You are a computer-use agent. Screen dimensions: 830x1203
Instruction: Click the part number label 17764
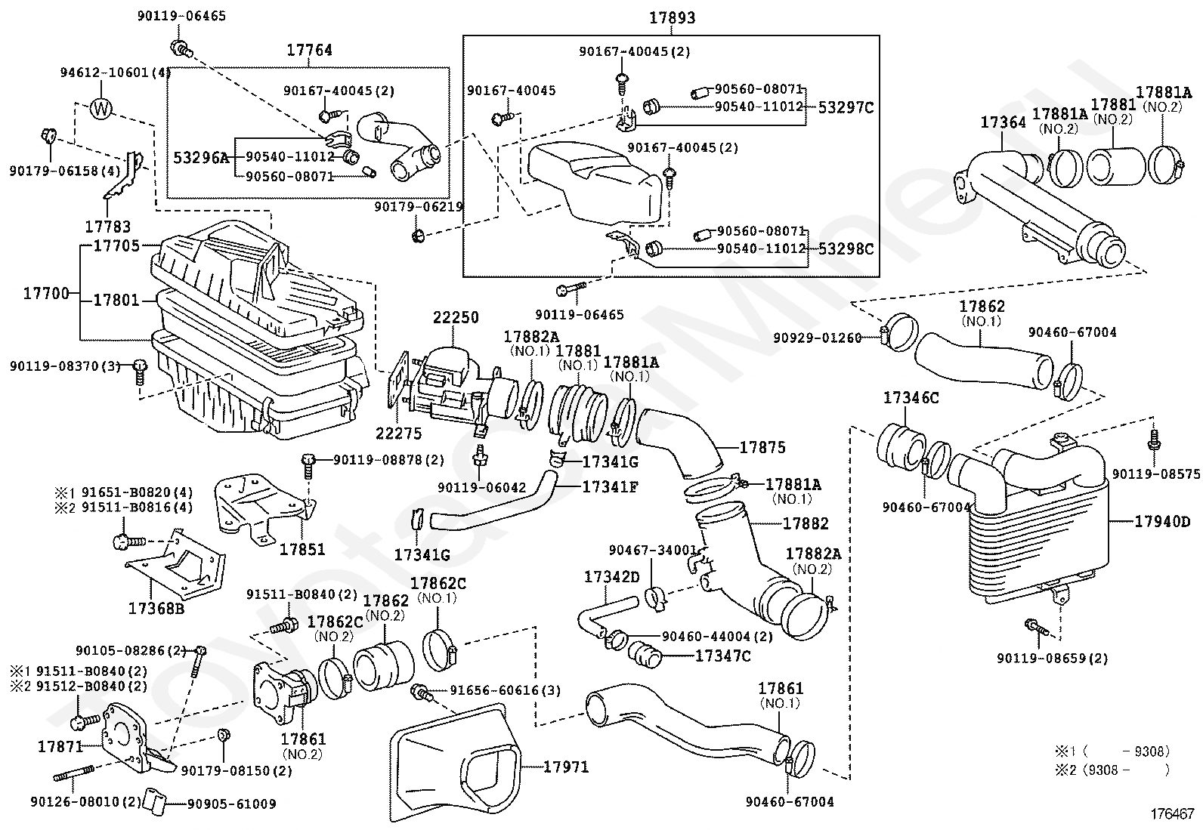309,51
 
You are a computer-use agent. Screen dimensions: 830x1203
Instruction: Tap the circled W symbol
102,110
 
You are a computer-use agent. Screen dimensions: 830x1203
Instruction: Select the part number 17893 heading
672,17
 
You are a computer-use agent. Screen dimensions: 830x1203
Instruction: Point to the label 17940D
1162,521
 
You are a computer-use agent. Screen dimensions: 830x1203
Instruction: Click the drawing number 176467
1173,813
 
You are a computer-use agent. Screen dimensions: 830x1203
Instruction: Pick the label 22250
456,318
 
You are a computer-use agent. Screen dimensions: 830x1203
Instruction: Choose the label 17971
565,767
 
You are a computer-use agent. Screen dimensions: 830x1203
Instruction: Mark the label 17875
762,447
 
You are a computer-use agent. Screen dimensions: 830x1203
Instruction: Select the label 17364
1003,122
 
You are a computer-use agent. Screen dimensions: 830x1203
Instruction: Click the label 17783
107,226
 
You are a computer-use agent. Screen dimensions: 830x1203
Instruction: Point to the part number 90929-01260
817,338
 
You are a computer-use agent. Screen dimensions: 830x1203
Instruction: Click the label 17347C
722,656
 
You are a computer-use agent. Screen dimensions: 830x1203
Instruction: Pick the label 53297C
846,107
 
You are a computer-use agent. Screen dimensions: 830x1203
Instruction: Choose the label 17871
60,746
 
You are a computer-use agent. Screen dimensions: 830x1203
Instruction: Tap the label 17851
302,548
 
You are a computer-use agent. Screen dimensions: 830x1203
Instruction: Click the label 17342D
611,577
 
